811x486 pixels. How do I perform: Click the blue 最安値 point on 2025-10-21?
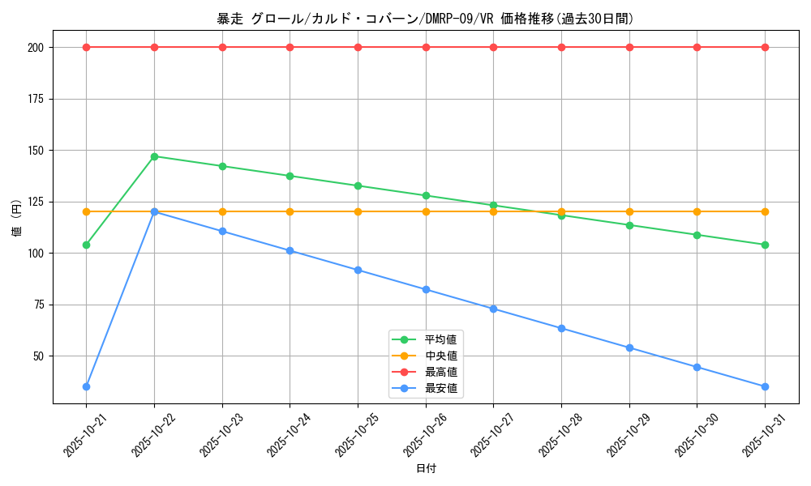[86, 386]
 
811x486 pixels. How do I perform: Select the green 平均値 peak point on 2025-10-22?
[154, 156]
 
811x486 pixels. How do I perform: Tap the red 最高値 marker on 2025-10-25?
[358, 47]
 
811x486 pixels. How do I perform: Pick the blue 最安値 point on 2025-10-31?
[765, 386]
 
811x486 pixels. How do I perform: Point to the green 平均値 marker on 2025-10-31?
[765, 245]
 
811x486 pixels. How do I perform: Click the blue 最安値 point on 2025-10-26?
[426, 289]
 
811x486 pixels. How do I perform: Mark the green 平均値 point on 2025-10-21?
[86, 245]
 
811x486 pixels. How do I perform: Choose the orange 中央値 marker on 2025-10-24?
[290, 211]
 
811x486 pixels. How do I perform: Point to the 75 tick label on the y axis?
[37, 305]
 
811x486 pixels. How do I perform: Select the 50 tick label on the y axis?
[37, 356]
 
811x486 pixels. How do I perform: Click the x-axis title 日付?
[426, 469]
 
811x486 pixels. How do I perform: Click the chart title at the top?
[426, 19]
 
